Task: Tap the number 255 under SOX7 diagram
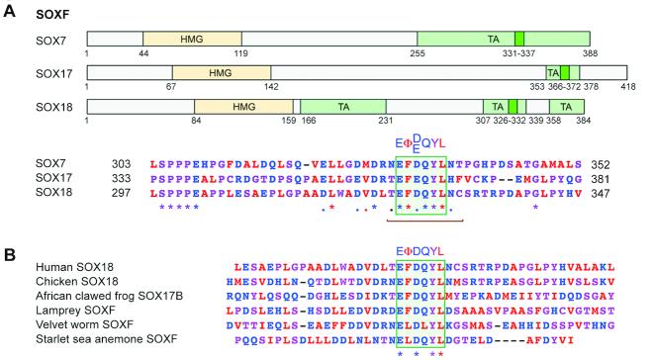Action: click(x=417, y=51)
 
